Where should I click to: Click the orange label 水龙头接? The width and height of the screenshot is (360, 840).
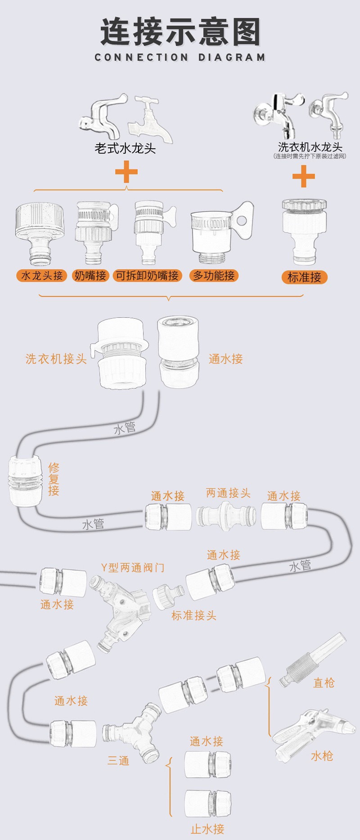pos(42,275)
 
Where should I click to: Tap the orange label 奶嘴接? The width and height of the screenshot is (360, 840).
pos(90,275)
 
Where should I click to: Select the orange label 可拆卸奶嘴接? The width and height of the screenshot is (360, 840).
pos(147,275)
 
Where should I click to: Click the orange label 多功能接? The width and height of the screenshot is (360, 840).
pos(214,275)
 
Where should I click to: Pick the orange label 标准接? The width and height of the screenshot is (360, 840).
pos(304,277)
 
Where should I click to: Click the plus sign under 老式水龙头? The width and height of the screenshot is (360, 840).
pos(126,172)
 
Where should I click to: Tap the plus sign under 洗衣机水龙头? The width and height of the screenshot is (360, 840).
pos(304,176)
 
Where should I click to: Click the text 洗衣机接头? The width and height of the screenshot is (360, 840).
pos(56,359)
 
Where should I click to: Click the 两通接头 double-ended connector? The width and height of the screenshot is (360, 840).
pos(226,515)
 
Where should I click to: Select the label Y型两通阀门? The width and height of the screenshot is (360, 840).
pos(132,568)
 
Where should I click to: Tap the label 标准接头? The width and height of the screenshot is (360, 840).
pos(193,615)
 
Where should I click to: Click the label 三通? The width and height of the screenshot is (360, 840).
pos(118,761)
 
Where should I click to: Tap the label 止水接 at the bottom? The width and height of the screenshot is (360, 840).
pos(207,829)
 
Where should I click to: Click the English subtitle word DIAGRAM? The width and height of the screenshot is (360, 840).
pos(232,58)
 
